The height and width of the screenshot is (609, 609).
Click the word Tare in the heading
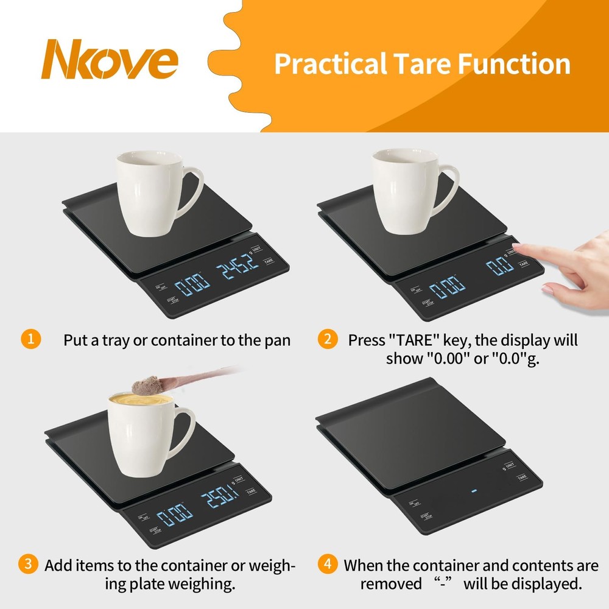410,64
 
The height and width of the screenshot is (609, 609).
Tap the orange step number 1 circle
30,339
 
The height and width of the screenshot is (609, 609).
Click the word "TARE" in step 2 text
416,340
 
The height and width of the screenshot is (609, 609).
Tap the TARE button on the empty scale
522,477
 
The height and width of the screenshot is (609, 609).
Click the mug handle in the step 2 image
446,189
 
